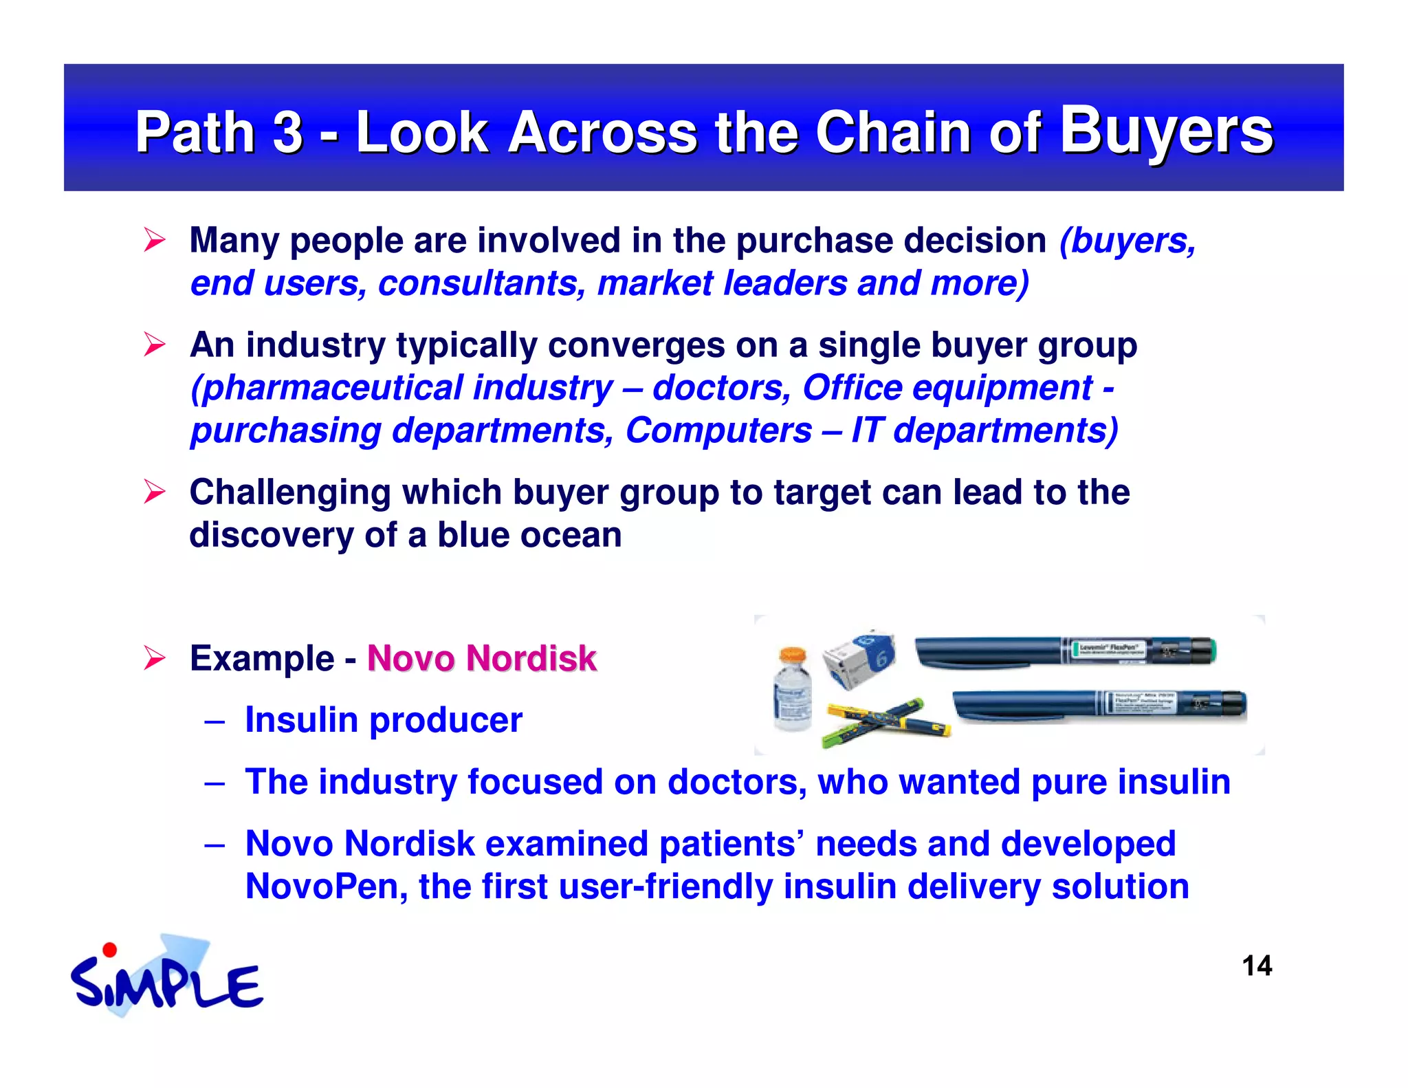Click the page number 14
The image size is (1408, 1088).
pyautogui.click(x=1257, y=966)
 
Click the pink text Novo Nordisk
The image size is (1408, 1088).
pyautogui.click(x=481, y=658)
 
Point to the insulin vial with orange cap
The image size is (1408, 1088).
pyautogui.click(x=792, y=690)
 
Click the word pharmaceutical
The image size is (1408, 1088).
pyautogui.click(x=327, y=388)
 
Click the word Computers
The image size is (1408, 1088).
pyautogui.click(x=718, y=431)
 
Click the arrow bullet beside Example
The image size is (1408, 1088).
pyautogui.click(x=155, y=658)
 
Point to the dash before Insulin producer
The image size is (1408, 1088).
pyautogui.click(x=214, y=721)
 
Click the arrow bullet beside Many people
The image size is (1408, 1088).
pyautogui.click(x=155, y=241)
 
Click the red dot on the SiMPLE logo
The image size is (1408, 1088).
pyautogui.click(x=109, y=950)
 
